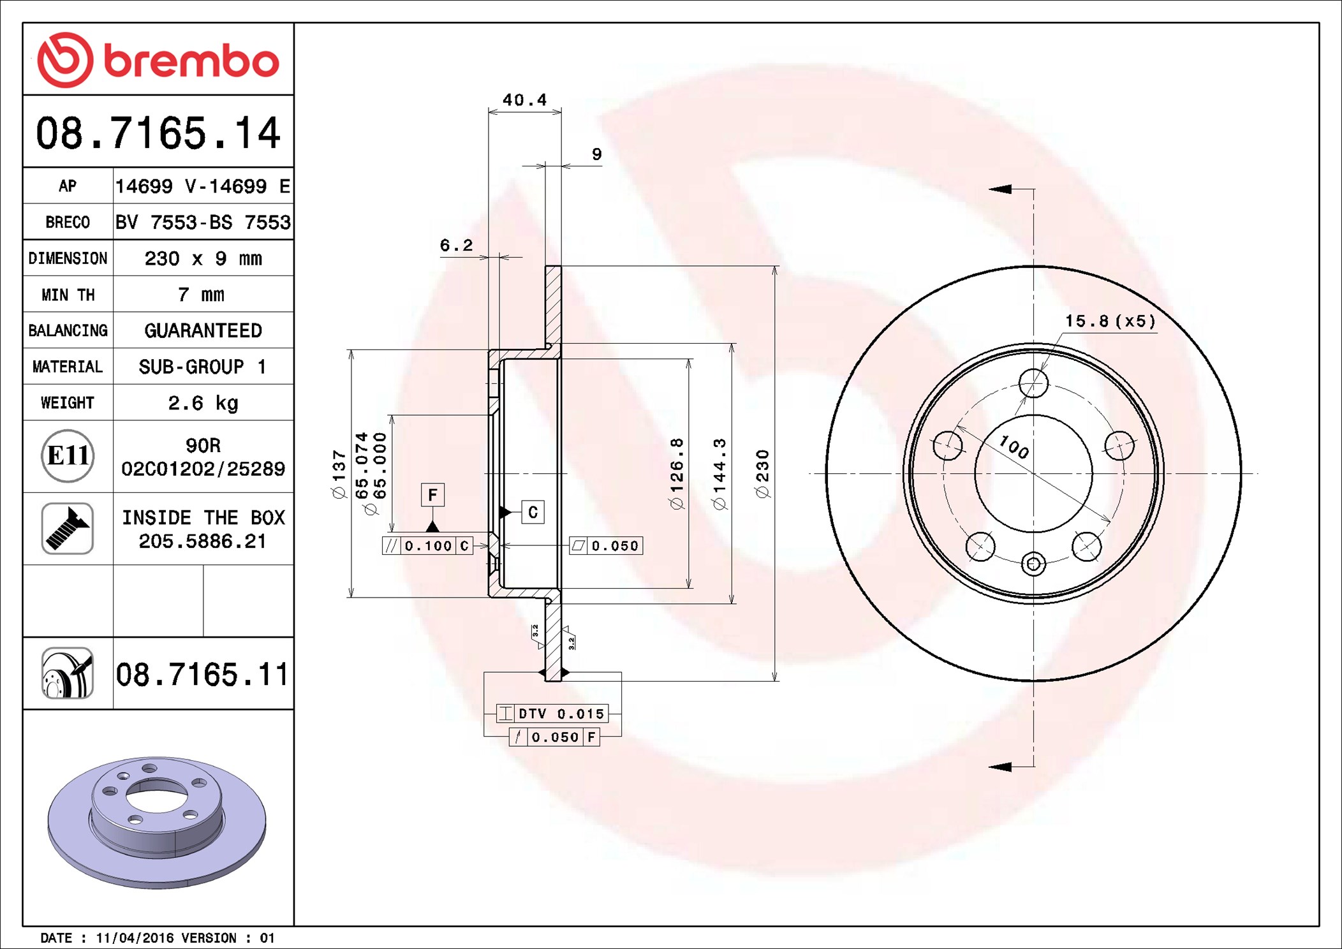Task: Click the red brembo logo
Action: coord(158,60)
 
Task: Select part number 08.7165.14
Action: coord(158,133)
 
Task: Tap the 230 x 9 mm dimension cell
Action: coord(203,258)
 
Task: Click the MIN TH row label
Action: coord(68,295)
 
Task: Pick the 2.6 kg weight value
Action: coord(203,403)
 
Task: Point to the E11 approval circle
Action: coord(68,455)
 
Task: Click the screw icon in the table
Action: coord(68,528)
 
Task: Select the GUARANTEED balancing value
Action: coord(203,330)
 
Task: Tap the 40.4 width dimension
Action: coord(524,100)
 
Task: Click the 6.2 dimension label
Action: coord(456,245)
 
